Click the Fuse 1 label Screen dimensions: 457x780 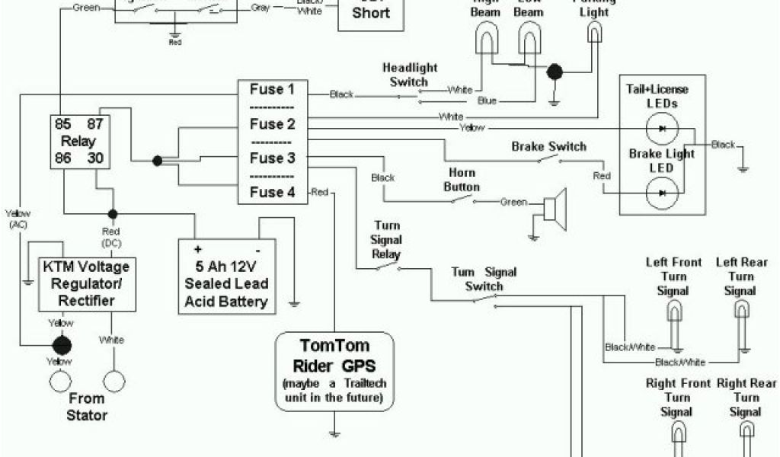tap(272, 90)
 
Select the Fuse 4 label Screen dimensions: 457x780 tap(272, 192)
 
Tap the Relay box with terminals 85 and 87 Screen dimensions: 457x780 tap(78, 141)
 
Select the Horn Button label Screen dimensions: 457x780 tap(462, 180)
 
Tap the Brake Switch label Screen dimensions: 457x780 tap(548, 146)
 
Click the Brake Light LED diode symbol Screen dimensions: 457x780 tap(662, 193)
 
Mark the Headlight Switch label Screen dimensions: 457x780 tap(410, 75)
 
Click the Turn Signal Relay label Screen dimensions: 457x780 tap(386, 240)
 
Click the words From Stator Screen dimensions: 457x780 tap(86, 406)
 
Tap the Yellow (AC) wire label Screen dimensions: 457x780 tap(15, 219)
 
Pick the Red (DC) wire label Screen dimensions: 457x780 tap(112, 236)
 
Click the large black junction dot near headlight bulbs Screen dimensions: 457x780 tap(556, 72)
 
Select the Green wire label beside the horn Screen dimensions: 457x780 tap(513, 203)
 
